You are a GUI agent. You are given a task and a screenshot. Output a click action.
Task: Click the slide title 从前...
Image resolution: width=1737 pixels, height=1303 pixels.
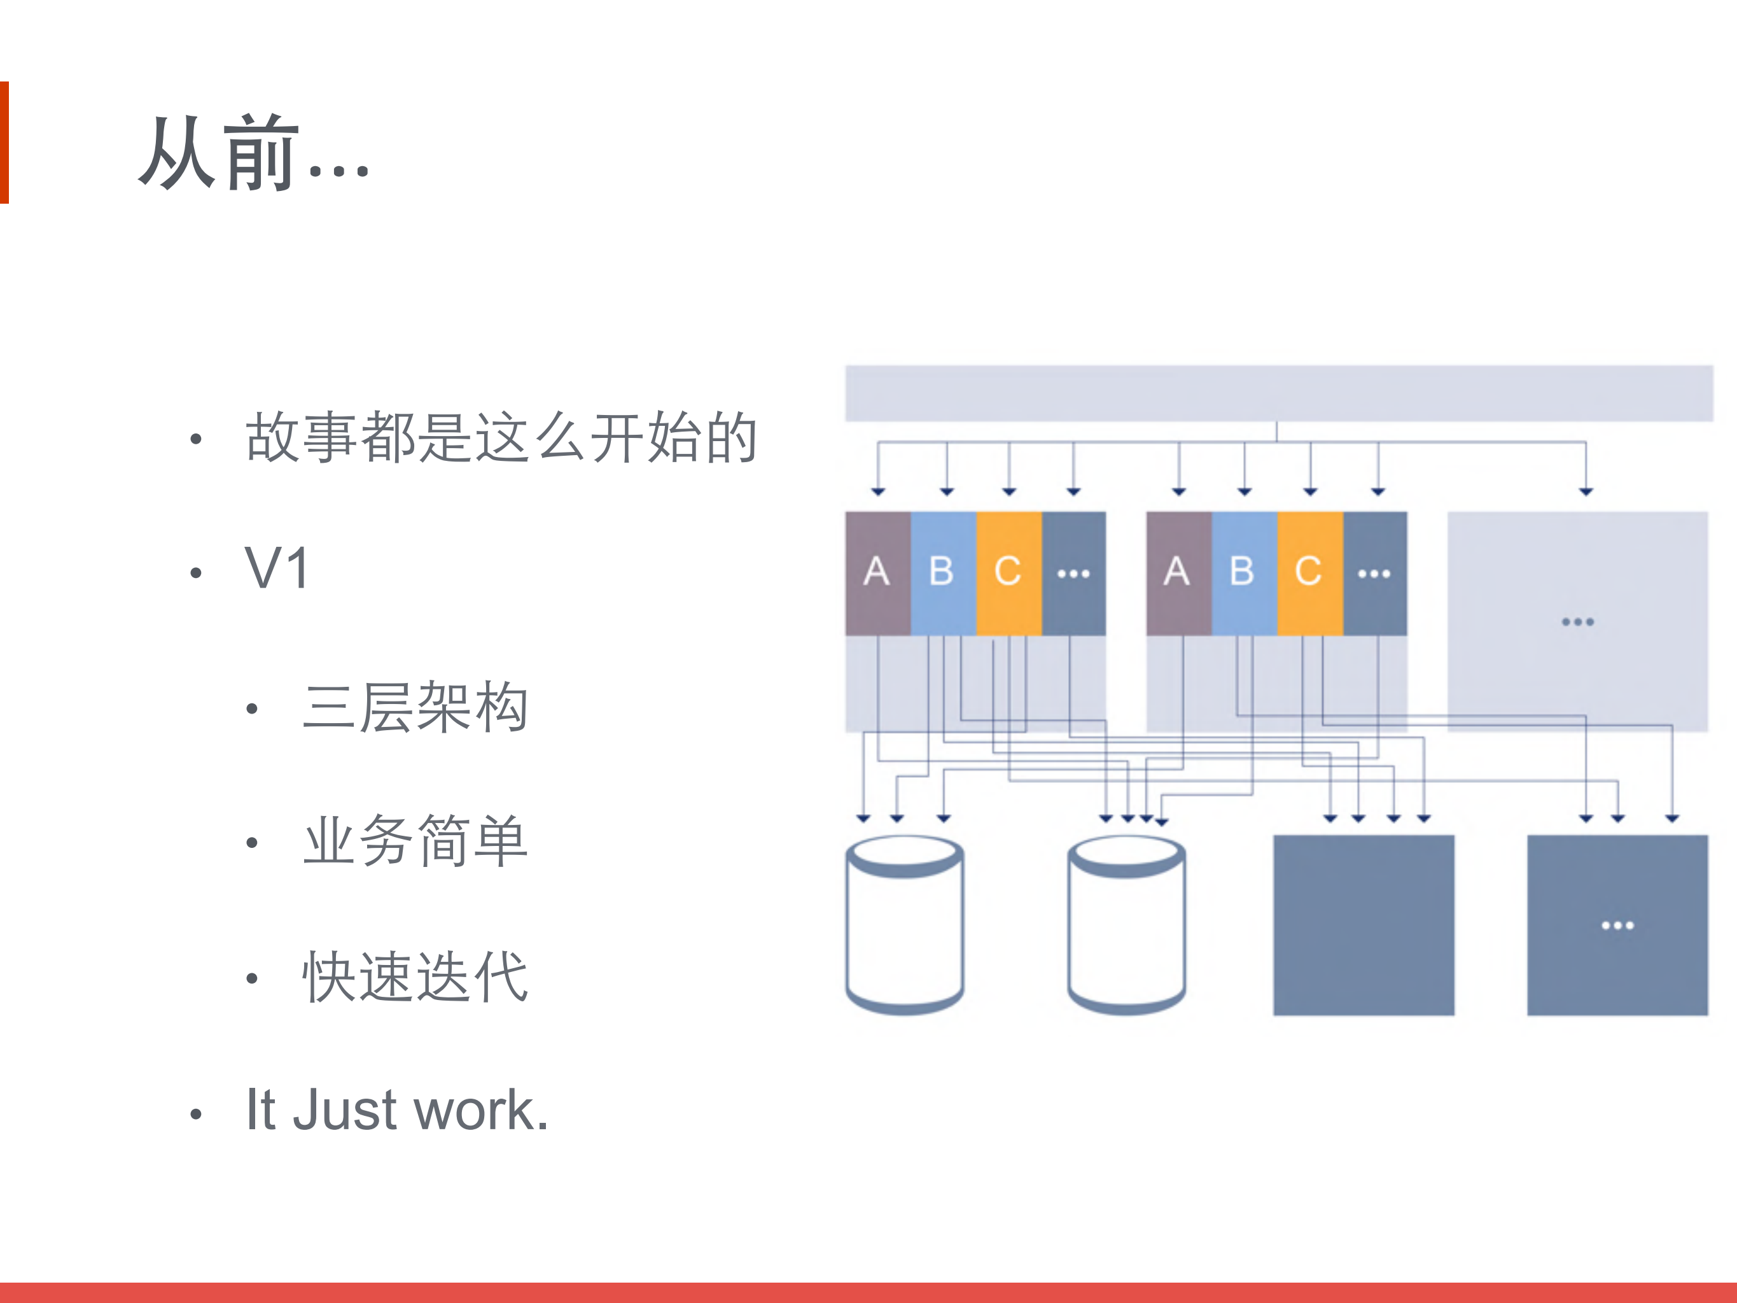click(x=253, y=153)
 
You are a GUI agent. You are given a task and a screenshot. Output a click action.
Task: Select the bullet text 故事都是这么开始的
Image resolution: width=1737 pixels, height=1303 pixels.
click(x=501, y=437)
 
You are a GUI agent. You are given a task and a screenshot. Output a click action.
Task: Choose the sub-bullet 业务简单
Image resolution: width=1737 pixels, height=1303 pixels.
click(x=415, y=841)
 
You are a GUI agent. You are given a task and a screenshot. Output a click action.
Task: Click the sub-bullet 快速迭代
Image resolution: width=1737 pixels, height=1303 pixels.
click(x=415, y=976)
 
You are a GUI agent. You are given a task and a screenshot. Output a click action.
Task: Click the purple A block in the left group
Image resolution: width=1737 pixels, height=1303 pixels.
click(x=877, y=572)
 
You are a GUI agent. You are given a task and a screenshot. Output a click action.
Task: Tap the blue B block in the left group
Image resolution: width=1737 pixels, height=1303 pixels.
click(x=942, y=572)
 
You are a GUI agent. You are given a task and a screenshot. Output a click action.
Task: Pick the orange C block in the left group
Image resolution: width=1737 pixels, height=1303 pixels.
click(x=1008, y=572)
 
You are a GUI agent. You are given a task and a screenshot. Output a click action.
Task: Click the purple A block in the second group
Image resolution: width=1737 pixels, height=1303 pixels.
click(x=1178, y=572)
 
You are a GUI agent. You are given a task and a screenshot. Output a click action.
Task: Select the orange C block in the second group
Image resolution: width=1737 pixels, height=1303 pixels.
click(x=1309, y=572)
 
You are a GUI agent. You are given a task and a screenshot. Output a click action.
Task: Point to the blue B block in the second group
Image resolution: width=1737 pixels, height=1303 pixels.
click(x=1243, y=572)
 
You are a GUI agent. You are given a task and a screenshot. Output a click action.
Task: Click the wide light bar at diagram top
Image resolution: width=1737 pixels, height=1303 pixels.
click(x=1278, y=393)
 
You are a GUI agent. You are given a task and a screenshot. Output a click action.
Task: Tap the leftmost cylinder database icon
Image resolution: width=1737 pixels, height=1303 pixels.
click(x=905, y=926)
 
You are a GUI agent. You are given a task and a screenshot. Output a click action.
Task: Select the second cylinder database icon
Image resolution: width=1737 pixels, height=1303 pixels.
click(x=1126, y=926)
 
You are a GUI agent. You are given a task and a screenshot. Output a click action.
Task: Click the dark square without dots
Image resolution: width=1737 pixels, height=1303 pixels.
click(x=1364, y=926)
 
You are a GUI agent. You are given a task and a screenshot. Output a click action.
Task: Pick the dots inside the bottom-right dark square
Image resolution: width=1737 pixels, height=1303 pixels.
click(x=1617, y=926)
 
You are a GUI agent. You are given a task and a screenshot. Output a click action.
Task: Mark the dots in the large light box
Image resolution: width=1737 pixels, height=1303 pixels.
click(x=1577, y=622)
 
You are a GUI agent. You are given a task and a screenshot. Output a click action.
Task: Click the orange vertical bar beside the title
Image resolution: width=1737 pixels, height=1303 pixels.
click(x=4, y=142)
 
